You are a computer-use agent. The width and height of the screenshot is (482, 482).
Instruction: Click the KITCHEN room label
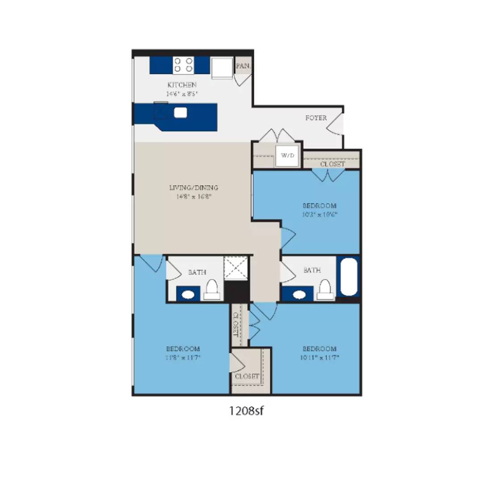pyautogui.click(x=182, y=85)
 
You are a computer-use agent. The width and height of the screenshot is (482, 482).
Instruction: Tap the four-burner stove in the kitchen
pyautogui.click(x=183, y=65)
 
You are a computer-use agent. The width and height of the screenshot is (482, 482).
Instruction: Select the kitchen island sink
pyautogui.click(x=180, y=113)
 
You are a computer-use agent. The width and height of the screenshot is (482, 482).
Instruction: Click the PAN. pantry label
pyautogui.click(x=243, y=66)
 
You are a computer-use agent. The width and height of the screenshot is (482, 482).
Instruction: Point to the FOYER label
pyautogui.click(x=316, y=118)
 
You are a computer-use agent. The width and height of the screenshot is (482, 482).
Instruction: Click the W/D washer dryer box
pyautogui.click(x=287, y=156)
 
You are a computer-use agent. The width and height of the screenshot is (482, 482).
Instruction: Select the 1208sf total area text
pyautogui.click(x=247, y=411)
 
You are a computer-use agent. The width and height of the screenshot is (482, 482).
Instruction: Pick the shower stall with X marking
pyautogui.click(x=236, y=268)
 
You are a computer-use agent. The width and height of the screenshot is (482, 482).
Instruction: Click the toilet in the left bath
pyautogui.click(x=212, y=290)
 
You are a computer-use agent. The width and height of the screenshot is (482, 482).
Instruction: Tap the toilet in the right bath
pyautogui.click(x=325, y=290)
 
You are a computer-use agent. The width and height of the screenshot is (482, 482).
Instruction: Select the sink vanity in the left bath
pyautogui.click(x=188, y=295)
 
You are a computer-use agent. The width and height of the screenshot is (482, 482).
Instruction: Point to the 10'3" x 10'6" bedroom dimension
pyautogui.click(x=320, y=214)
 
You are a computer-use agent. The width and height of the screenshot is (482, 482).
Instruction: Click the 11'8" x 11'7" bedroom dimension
pyautogui.click(x=183, y=357)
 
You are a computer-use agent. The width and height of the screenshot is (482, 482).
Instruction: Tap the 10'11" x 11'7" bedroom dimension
pyautogui.click(x=319, y=357)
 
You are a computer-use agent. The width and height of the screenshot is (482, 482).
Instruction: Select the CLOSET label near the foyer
pyautogui.click(x=332, y=164)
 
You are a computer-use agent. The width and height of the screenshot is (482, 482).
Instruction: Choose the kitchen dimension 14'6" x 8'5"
pyautogui.click(x=182, y=94)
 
